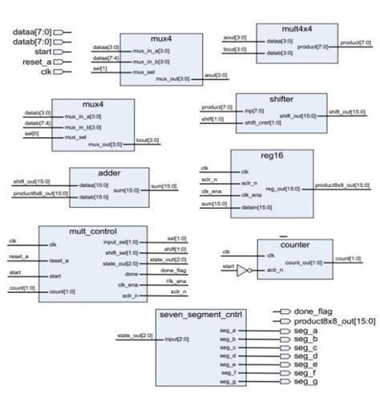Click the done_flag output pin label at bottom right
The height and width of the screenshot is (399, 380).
pos(316,311)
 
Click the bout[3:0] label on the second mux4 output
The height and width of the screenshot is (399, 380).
pos(165,144)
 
